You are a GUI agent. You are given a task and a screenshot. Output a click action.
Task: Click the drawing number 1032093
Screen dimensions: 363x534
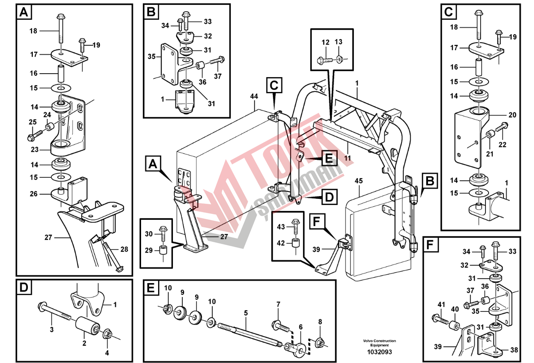(x=380, y=352)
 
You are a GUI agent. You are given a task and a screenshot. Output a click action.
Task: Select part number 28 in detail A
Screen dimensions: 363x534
(x=124, y=249)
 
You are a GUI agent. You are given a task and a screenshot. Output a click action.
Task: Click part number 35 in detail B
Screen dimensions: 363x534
(x=151, y=57)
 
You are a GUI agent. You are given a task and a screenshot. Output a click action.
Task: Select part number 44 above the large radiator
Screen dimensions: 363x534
(x=254, y=96)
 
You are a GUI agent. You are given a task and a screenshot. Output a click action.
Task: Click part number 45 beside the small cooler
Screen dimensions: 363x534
(x=358, y=181)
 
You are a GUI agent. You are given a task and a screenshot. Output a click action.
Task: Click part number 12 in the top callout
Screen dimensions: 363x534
(x=326, y=42)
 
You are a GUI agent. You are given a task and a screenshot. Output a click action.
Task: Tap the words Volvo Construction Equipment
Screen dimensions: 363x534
(x=380, y=343)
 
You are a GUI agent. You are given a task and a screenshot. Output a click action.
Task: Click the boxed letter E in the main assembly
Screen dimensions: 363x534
(x=328, y=158)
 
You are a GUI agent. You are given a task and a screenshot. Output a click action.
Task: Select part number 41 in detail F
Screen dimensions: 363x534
(x=441, y=305)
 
